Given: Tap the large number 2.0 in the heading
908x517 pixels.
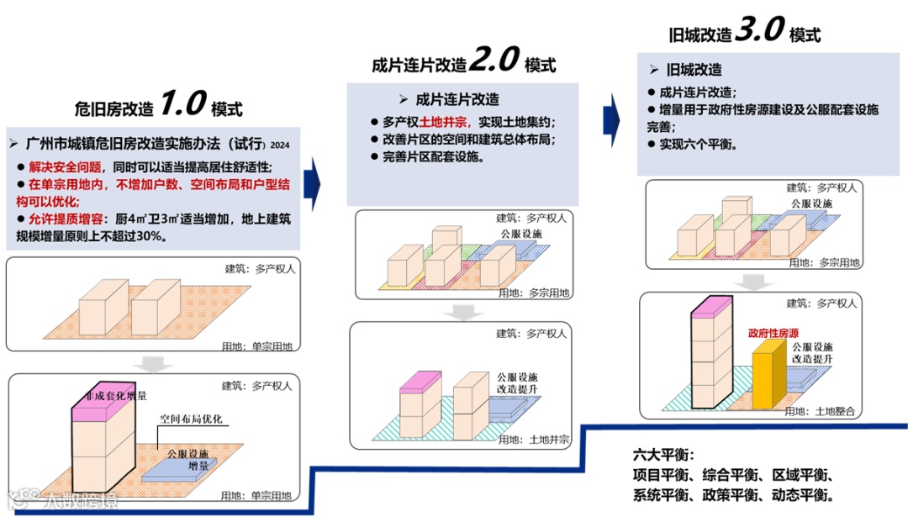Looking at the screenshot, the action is pyautogui.click(x=494, y=60).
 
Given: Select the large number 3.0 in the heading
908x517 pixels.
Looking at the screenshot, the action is pyautogui.click(x=759, y=30).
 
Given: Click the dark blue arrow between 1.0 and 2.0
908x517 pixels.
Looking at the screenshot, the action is pyautogui.click(x=312, y=181).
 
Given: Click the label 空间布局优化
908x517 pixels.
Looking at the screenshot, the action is pyautogui.click(x=191, y=419).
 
